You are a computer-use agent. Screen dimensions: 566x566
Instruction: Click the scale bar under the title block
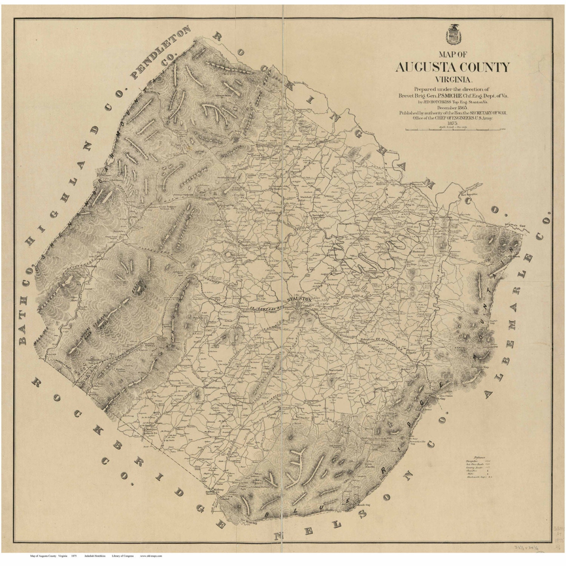455,129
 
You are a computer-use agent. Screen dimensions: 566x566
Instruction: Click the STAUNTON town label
299,299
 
